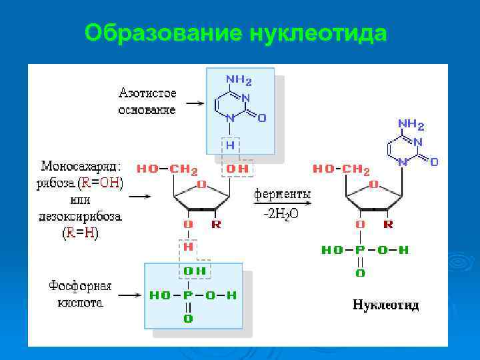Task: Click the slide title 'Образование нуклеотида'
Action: coord(236,33)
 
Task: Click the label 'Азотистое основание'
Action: coord(147,100)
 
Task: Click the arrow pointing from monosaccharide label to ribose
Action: coord(141,197)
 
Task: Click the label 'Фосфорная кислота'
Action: coord(80,294)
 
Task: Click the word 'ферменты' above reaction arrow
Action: coord(282,194)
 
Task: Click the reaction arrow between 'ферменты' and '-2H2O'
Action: coord(282,205)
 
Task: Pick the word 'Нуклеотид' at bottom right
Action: coord(385,305)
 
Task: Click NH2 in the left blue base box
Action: coord(239,80)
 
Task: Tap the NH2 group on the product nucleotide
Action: coord(411,124)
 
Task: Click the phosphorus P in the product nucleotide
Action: coord(360,250)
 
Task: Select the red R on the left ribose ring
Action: coord(216,225)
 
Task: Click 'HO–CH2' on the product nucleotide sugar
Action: coord(341,169)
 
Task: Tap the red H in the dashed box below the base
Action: coord(229,144)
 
